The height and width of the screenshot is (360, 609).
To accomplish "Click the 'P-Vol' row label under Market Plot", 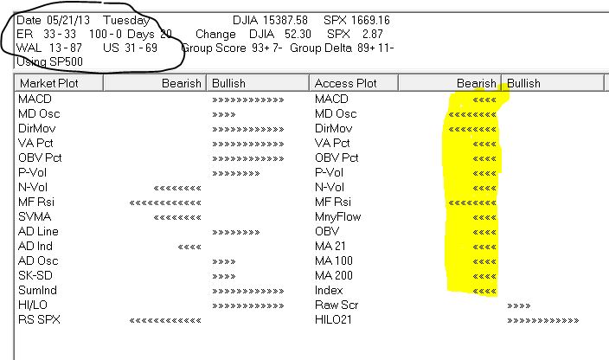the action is coord(32,172).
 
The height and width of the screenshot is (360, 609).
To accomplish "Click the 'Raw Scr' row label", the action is coord(335,305).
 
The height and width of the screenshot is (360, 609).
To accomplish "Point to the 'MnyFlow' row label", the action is coord(337,216).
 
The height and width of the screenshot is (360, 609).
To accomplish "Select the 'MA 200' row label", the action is coord(333,275).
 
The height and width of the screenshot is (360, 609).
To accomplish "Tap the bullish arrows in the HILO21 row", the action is coord(542,320).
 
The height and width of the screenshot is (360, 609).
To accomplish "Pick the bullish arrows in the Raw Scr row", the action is coord(517,305).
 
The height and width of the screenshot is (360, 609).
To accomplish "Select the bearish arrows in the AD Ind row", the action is coord(189,247).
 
